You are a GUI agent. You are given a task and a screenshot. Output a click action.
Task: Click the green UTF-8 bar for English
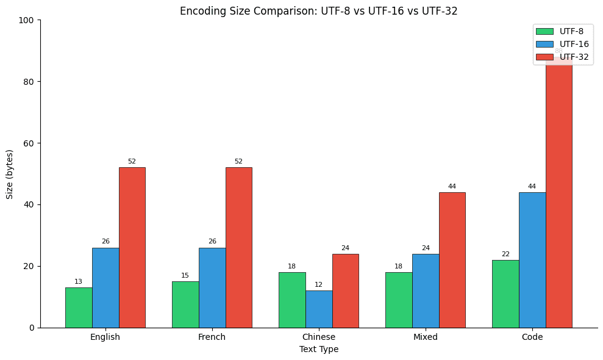pyautogui.click(x=79, y=308)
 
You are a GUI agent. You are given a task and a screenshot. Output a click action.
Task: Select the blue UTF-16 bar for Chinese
pyautogui.click(x=319, y=309)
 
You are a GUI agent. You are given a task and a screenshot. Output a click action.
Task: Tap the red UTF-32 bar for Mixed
pyautogui.click(x=452, y=260)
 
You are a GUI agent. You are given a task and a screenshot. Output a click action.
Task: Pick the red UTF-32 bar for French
pyautogui.click(x=238, y=247)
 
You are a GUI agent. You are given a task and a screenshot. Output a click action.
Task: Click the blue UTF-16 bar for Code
pyautogui.click(x=532, y=260)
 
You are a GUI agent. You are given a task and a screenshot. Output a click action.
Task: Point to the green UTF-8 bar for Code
pyautogui.click(x=505, y=293)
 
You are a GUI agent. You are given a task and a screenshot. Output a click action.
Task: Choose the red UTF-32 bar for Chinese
pyautogui.click(x=345, y=290)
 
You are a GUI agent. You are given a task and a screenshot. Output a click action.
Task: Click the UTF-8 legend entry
pyautogui.click(x=562, y=31)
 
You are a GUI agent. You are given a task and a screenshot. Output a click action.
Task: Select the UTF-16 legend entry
pyautogui.click(x=562, y=44)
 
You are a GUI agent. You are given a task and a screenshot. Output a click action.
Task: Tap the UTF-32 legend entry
pyautogui.click(x=562, y=57)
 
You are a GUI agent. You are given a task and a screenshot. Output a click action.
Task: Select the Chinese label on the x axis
pyautogui.click(x=319, y=337)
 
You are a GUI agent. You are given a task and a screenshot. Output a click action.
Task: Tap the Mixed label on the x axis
pyautogui.click(x=426, y=337)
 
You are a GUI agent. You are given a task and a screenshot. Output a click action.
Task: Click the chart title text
pyautogui.click(x=319, y=11)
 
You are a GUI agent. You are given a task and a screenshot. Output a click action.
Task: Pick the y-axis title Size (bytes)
pyautogui.click(x=10, y=174)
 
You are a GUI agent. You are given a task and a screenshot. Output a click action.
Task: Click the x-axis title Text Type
pyautogui.click(x=319, y=350)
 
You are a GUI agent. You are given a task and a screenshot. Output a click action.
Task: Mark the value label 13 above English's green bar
pyautogui.click(x=79, y=282)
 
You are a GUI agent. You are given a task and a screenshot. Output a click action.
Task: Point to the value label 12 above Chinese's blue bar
pyautogui.click(x=319, y=285)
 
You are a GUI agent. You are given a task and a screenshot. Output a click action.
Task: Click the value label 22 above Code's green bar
pyautogui.click(x=505, y=254)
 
